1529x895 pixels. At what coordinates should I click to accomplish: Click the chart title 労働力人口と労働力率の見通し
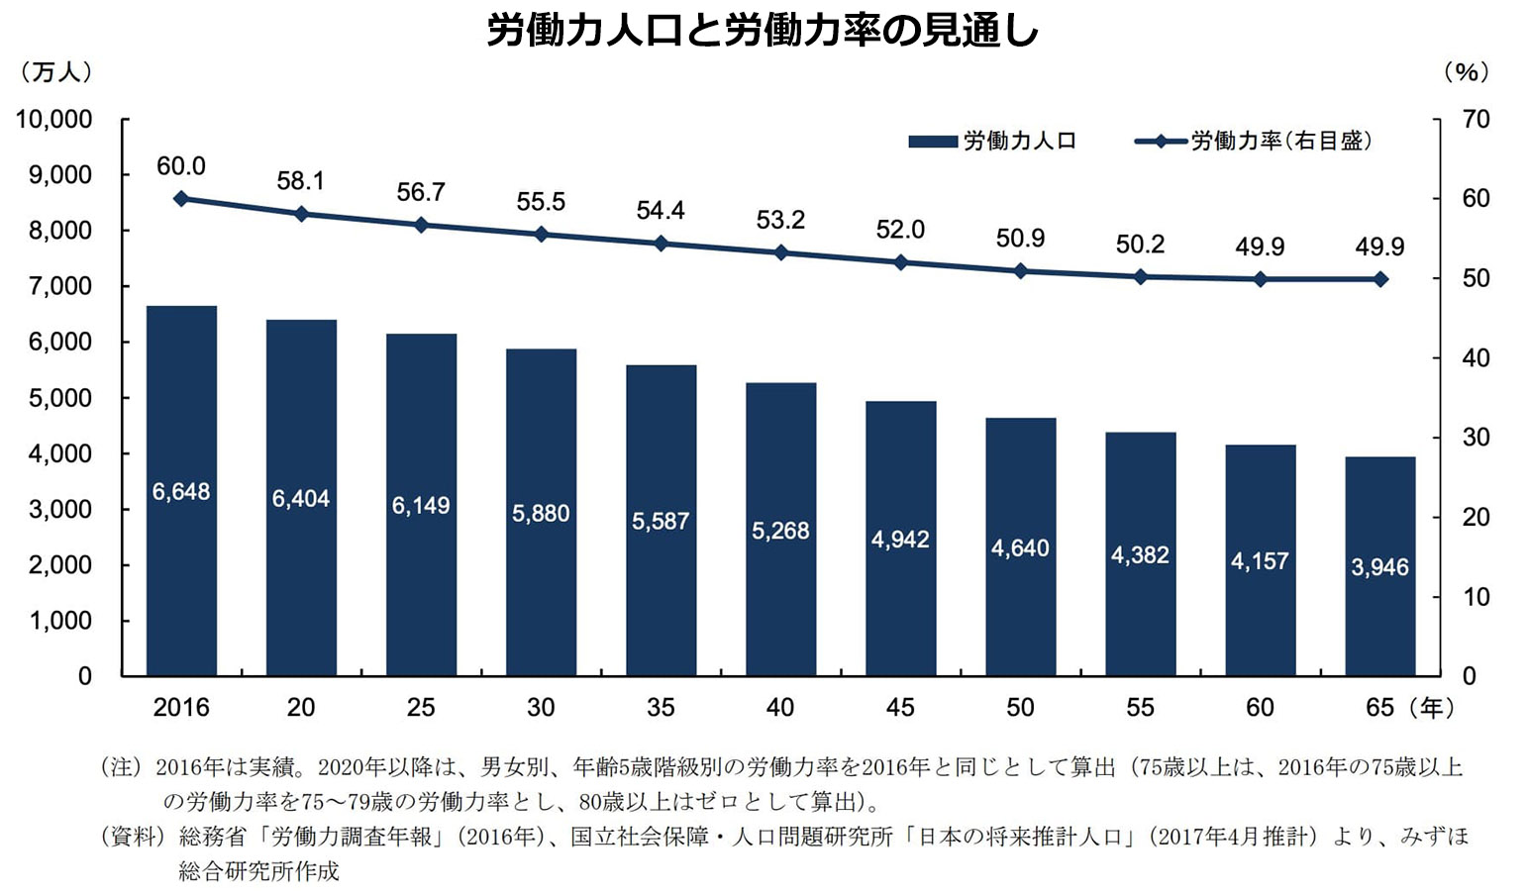tap(763, 31)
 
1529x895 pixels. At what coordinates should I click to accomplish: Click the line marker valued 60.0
tap(181, 198)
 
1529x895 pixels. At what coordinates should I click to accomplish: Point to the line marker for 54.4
tap(661, 243)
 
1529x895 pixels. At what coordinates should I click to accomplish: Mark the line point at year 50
tap(1020, 270)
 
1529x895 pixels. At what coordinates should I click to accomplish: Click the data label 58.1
tap(300, 181)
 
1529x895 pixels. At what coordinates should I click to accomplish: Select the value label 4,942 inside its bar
tap(900, 540)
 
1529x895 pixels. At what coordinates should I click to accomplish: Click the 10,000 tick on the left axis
tap(53, 120)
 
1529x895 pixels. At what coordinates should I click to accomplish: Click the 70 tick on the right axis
tap(1476, 120)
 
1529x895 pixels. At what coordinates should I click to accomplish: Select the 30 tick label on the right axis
tap(1476, 438)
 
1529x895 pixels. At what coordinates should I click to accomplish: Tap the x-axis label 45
tap(900, 708)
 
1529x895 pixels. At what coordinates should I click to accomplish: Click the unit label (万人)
tap(55, 72)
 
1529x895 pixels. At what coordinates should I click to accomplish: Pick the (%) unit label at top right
tap(1466, 72)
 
